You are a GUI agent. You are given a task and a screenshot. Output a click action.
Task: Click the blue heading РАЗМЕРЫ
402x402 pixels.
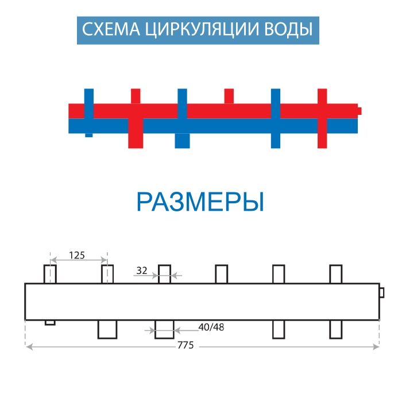click(x=200, y=202)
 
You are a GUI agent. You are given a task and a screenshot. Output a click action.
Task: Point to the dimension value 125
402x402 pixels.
click(x=77, y=254)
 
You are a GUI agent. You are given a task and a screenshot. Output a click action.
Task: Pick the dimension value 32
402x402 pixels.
click(x=142, y=270)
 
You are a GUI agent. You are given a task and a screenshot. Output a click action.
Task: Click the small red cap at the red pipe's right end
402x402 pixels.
click(x=359, y=110)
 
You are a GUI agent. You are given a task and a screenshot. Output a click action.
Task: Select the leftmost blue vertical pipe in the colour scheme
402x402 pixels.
click(x=88, y=113)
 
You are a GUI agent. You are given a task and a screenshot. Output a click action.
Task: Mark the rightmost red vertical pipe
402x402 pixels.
click(x=322, y=118)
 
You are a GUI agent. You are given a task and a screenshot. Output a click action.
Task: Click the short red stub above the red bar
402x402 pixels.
click(x=229, y=96)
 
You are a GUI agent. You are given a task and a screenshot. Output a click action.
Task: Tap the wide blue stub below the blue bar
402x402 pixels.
click(x=182, y=141)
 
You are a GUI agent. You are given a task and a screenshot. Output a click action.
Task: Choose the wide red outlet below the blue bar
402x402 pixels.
click(x=136, y=141)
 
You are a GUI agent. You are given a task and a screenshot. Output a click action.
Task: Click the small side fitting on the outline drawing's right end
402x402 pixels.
click(x=382, y=293)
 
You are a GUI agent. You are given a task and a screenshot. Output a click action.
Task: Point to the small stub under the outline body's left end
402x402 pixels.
click(x=50, y=322)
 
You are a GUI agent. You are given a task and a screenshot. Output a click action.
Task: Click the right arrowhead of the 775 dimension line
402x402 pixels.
click(x=376, y=346)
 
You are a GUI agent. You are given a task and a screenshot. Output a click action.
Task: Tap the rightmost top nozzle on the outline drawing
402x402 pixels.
click(x=336, y=274)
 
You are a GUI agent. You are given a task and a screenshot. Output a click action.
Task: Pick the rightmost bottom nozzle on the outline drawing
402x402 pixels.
click(x=336, y=329)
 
